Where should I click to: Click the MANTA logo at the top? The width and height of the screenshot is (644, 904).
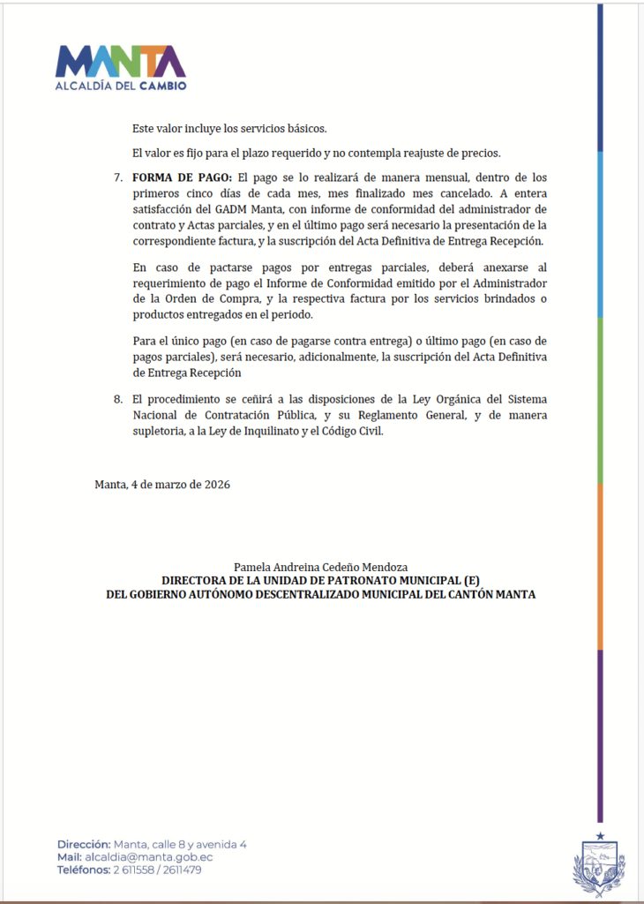[x=121, y=62]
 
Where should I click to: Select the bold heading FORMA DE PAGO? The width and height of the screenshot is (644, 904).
[x=183, y=177]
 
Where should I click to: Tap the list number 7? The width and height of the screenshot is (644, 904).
[x=118, y=177]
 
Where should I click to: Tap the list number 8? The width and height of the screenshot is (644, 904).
[x=118, y=400]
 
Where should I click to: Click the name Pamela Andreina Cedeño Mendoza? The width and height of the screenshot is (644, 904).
[x=320, y=566]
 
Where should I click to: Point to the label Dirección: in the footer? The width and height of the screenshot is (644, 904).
[x=84, y=844]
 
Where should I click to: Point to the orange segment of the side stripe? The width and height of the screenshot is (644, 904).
[x=600, y=565]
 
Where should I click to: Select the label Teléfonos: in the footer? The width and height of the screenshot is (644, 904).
[x=84, y=870]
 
